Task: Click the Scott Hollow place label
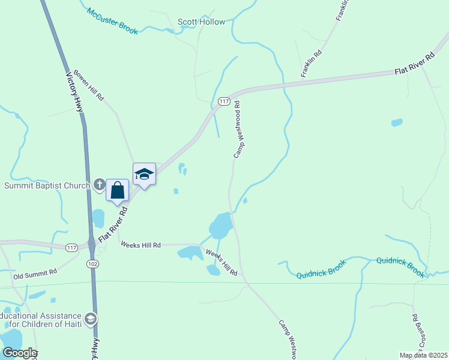pos(201,22)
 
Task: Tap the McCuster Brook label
pos(112,20)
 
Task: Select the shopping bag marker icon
pos(118,190)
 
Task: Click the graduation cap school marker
pos(144,174)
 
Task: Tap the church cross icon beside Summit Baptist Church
pos(99,185)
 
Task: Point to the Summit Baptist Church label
pos(47,185)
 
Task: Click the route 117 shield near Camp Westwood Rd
pos(224,101)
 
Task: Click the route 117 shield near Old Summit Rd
pos(72,247)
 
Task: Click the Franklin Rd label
pos(312,63)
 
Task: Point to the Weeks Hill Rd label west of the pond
pos(140,245)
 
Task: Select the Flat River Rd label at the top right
pos(414,64)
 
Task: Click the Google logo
pos(19,353)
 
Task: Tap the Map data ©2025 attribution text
pos(423,355)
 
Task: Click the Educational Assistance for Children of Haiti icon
pos(91,318)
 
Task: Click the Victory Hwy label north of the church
pos(74,92)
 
